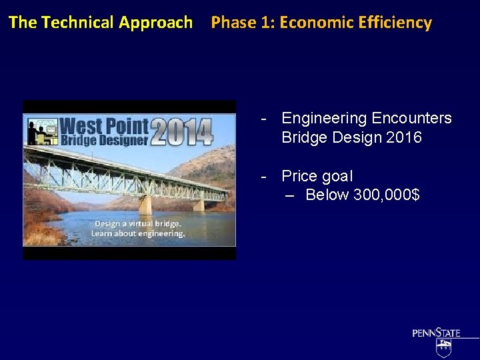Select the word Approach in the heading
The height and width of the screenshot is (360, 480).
point(155,23)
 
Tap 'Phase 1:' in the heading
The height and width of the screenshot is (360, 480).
point(243,23)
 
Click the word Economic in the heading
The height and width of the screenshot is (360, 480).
point(317,23)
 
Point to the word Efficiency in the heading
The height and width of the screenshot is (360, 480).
point(395,23)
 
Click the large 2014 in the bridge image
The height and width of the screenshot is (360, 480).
point(181,132)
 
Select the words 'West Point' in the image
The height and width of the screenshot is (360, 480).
point(104,125)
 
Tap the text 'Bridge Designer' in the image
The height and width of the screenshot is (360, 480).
point(104,140)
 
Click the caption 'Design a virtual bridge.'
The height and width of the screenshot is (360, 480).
point(137,223)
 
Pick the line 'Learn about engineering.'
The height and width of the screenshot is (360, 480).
point(138,233)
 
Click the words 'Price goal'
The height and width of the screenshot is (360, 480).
point(317,177)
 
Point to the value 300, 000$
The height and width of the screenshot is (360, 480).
point(386,195)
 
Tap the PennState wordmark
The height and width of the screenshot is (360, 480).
point(436,333)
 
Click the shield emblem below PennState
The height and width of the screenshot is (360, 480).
point(443,348)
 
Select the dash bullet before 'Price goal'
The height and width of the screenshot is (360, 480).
point(265,177)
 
